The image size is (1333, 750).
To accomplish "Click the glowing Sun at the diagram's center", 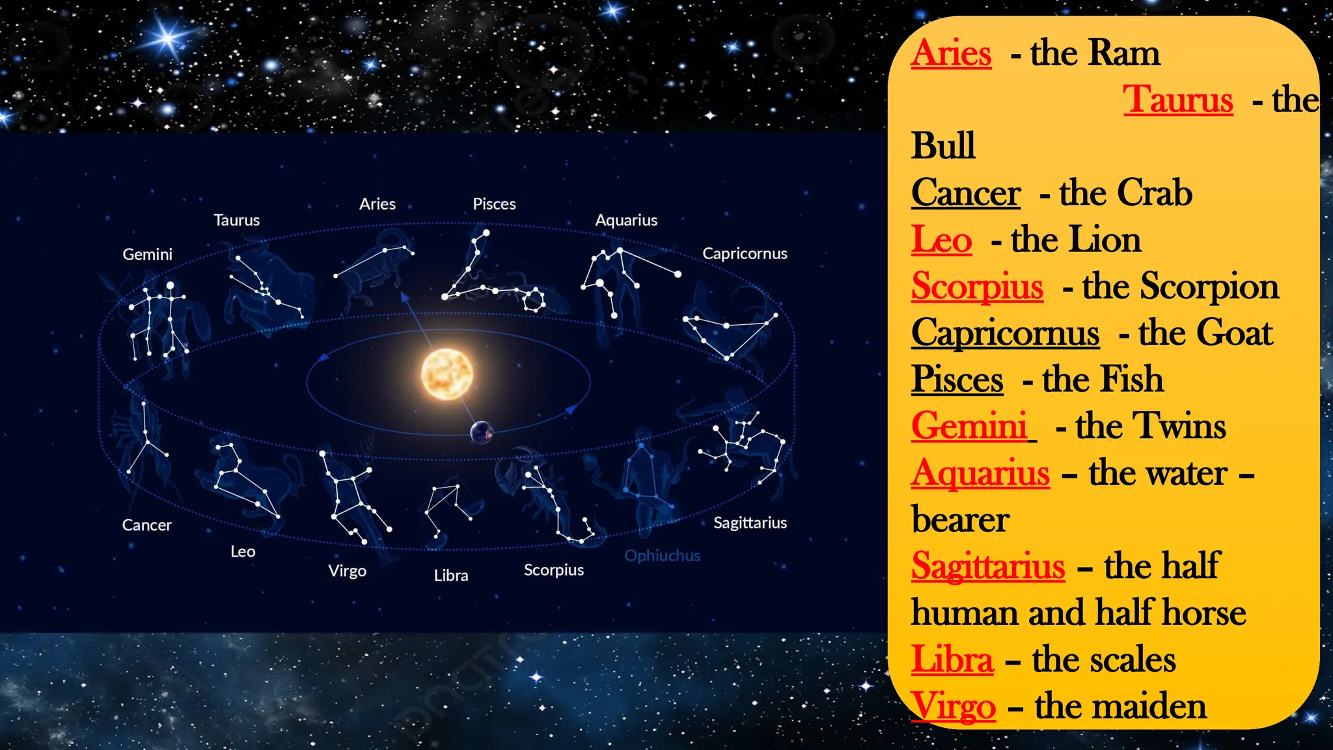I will [447, 374].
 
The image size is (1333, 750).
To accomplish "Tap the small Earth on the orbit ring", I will [482, 432].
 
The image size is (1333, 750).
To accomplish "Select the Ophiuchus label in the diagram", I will [663, 555].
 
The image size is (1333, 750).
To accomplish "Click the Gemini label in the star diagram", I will [148, 254].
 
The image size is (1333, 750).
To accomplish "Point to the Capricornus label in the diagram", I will [745, 253].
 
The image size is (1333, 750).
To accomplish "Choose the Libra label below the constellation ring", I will [451, 576].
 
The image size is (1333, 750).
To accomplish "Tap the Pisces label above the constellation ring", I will [494, 204].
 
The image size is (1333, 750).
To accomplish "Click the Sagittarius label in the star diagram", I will [750, 523].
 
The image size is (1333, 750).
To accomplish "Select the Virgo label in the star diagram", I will [347, 571].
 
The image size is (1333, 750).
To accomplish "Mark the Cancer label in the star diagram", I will [147, 525].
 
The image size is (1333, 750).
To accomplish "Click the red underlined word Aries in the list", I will [951, 53].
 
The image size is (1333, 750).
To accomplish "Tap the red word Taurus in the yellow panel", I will [1178, 100].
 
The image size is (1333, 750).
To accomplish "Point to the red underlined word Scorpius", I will [977, 286].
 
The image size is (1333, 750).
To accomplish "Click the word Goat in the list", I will [1235, 333].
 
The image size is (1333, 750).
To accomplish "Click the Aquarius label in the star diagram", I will [626, 220].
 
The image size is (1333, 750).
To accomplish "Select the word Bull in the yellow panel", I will [943, 145].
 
